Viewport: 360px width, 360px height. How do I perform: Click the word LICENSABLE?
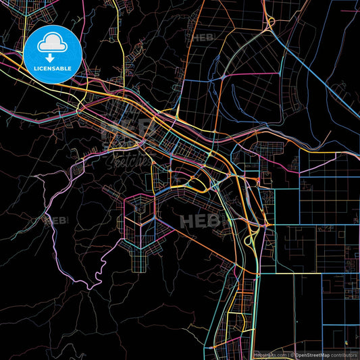[52, 68]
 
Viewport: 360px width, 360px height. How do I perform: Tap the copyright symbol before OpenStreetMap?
[292, 355]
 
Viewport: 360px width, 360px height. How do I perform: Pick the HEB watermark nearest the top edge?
[203, 38]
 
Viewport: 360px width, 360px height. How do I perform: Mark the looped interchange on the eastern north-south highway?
[249, 238]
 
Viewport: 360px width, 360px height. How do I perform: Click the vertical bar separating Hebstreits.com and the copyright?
[287, 355]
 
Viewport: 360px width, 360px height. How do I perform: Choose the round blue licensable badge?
[52, 55]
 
